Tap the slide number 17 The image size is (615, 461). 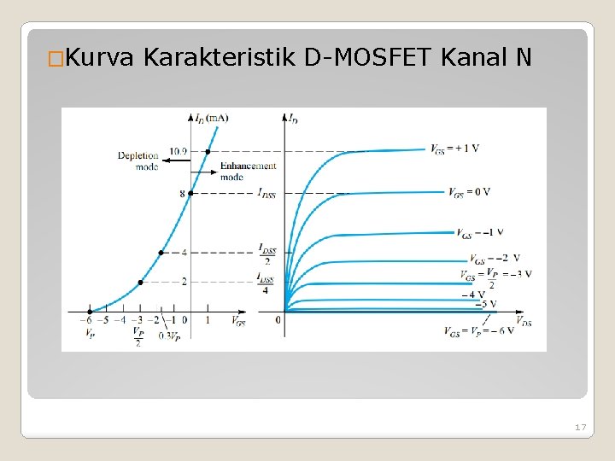click(580, 426)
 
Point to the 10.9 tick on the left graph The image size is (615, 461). click(178, 152)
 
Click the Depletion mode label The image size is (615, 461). click(138, 160)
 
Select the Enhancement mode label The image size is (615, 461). click(248, 171)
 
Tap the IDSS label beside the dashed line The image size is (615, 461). click(266, 193)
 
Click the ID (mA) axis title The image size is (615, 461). click(211, 117)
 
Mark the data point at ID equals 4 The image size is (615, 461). click(161, 253)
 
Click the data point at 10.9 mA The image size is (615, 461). click(208, 151)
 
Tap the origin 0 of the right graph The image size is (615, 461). click(278, 320)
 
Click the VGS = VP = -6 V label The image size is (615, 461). click(478, 331)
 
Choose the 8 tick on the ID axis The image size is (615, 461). click(182, 194)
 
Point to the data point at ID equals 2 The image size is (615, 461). click(140, 282)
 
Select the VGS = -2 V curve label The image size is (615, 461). click(493, 258)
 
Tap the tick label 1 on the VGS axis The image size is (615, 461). click(207, 320)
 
